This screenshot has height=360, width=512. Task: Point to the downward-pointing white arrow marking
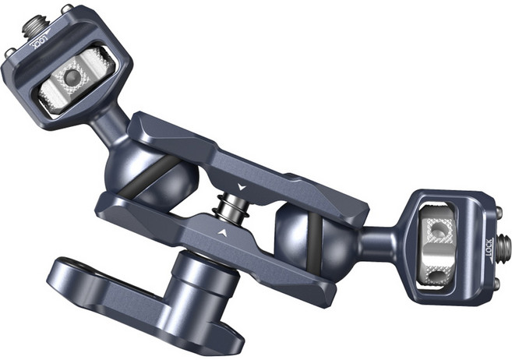242,187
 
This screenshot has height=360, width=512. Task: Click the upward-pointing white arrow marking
224,232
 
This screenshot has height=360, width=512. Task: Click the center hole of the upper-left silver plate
72,77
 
